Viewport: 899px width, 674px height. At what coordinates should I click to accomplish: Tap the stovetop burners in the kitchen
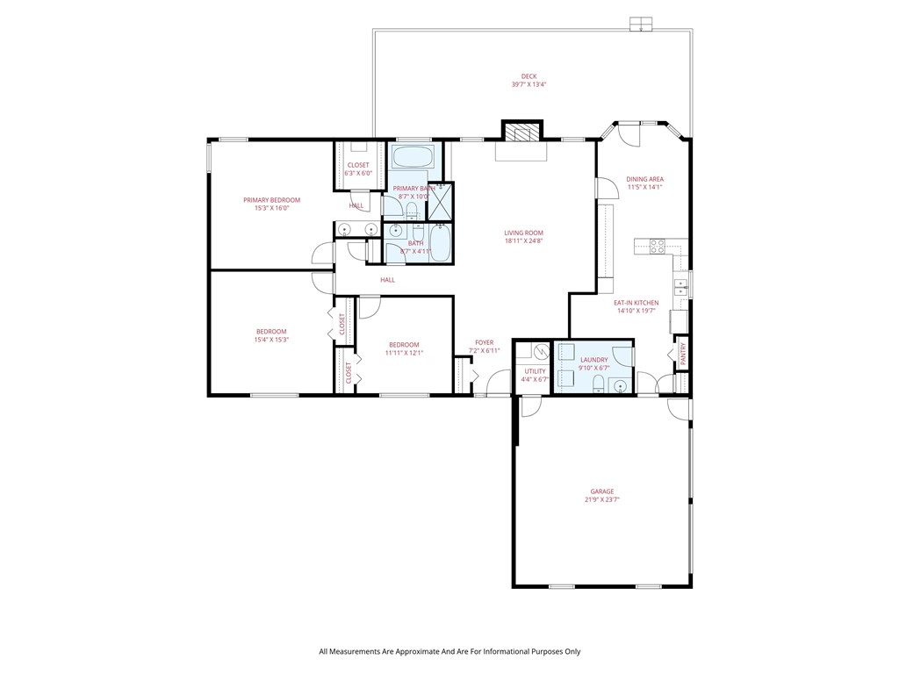click(657, 247)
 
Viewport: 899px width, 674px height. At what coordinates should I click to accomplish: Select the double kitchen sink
click(680, 286)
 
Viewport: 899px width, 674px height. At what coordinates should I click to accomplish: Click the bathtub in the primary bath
click(411, 158)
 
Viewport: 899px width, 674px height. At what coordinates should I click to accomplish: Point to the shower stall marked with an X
click(441, 199)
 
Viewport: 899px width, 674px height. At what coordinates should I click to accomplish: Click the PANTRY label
click(683, 354)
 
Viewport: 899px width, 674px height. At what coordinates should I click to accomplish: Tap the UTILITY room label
click(535, 371)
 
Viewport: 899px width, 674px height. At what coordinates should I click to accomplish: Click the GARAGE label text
click(601, 491)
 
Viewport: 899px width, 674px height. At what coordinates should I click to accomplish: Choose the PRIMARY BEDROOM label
click(271, 200)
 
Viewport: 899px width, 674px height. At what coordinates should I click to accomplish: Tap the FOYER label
click(484, 342)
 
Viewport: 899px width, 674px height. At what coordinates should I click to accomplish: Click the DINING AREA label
click(644, 179)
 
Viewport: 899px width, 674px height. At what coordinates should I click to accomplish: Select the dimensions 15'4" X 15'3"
click(271, 340)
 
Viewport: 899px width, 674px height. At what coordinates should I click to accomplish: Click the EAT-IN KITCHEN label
click(636, 303)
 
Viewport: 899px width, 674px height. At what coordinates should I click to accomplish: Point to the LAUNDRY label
click(594, 359)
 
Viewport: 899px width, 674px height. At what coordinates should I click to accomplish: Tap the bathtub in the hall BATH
click(439, 244)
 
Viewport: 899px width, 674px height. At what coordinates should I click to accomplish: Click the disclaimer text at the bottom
click(449, 651)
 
